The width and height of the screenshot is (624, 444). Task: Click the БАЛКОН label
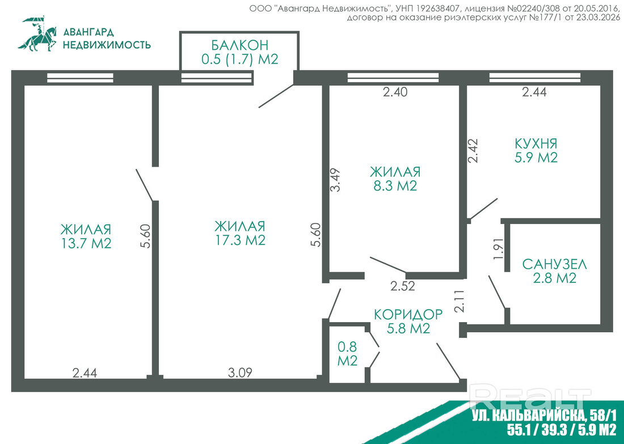pos(239,44)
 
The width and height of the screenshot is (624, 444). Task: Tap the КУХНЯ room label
pos(536,143)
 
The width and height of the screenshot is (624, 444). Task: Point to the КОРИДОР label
pos(408,314)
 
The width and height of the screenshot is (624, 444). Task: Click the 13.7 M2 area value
pos(86,243)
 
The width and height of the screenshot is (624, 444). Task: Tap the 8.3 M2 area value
pos(395,186)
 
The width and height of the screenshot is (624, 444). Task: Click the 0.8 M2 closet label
pos(347,354)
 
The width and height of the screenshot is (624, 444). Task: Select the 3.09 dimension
pos(240,373)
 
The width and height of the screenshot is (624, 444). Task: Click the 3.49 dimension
pos(335,180)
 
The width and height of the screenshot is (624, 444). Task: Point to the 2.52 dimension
pos(402,286)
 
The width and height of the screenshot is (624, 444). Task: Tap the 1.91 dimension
pos(498,249)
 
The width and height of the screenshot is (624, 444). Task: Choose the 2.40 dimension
pos(395,92)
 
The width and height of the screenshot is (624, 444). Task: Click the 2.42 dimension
pos(473,150)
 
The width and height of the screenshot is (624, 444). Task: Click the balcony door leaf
pos(276,95)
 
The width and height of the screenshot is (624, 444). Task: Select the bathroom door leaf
pos(497,291)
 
